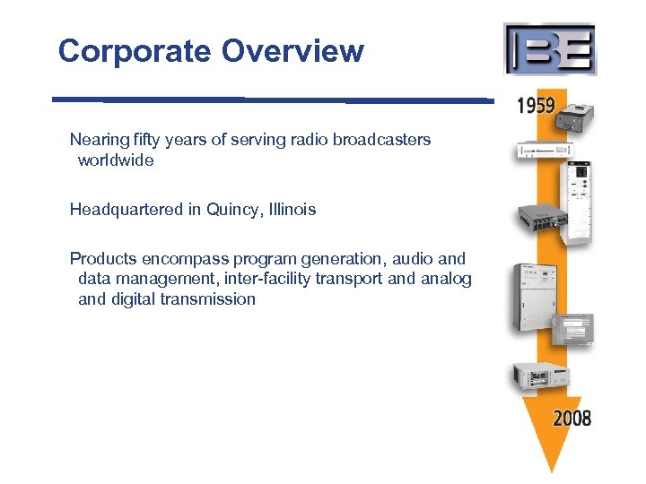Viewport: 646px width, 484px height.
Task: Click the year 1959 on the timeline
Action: pyautogui.click(x=536, y=106)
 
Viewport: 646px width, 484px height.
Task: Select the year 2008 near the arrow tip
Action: pyautogui.click(x=572, y=418)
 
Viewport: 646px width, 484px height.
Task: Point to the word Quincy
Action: pyautogui.click(x=231, y=210)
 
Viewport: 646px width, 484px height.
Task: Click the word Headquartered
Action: pyautogui.click(x=127, y=210)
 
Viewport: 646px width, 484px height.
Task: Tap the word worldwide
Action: pyautogui.click(x=116, y=160)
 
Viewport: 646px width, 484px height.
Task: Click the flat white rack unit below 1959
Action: pyautogui.click(x=542, y=151)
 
